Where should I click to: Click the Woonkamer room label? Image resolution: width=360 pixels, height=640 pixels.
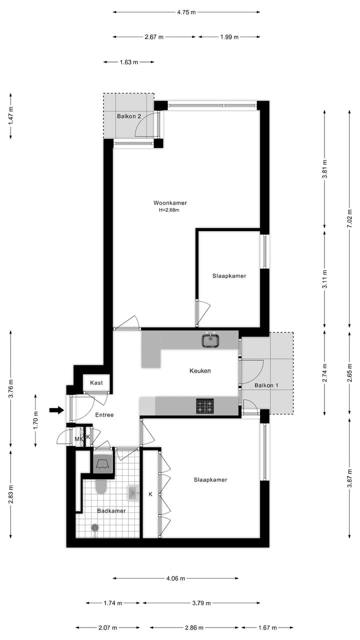point(170,203)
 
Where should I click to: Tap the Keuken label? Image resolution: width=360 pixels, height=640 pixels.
point(200,371)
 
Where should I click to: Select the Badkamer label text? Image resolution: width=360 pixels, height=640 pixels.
point(111,510)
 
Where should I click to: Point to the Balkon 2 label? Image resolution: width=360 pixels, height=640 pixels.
point(129,116)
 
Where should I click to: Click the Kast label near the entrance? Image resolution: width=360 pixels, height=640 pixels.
point(96,383)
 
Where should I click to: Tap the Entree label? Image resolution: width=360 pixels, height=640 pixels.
point(104,415)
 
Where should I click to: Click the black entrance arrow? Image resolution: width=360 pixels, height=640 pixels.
point(56,410)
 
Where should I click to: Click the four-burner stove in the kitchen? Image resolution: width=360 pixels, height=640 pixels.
point(204,406)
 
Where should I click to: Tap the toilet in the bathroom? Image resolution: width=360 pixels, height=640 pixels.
point(101,486)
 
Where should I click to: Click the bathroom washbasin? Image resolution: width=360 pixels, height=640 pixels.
point(133,493)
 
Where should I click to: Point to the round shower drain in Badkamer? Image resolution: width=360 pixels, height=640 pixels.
point(94,527)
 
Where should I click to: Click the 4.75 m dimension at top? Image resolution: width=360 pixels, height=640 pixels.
point(185,13)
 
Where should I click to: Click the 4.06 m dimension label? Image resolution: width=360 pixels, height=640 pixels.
point(175,578)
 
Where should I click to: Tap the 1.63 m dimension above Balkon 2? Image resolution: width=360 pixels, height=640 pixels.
point(128,62)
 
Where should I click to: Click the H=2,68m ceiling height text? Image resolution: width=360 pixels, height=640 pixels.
point(169,210)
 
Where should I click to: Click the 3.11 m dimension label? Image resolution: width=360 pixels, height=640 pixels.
point(325,279)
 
